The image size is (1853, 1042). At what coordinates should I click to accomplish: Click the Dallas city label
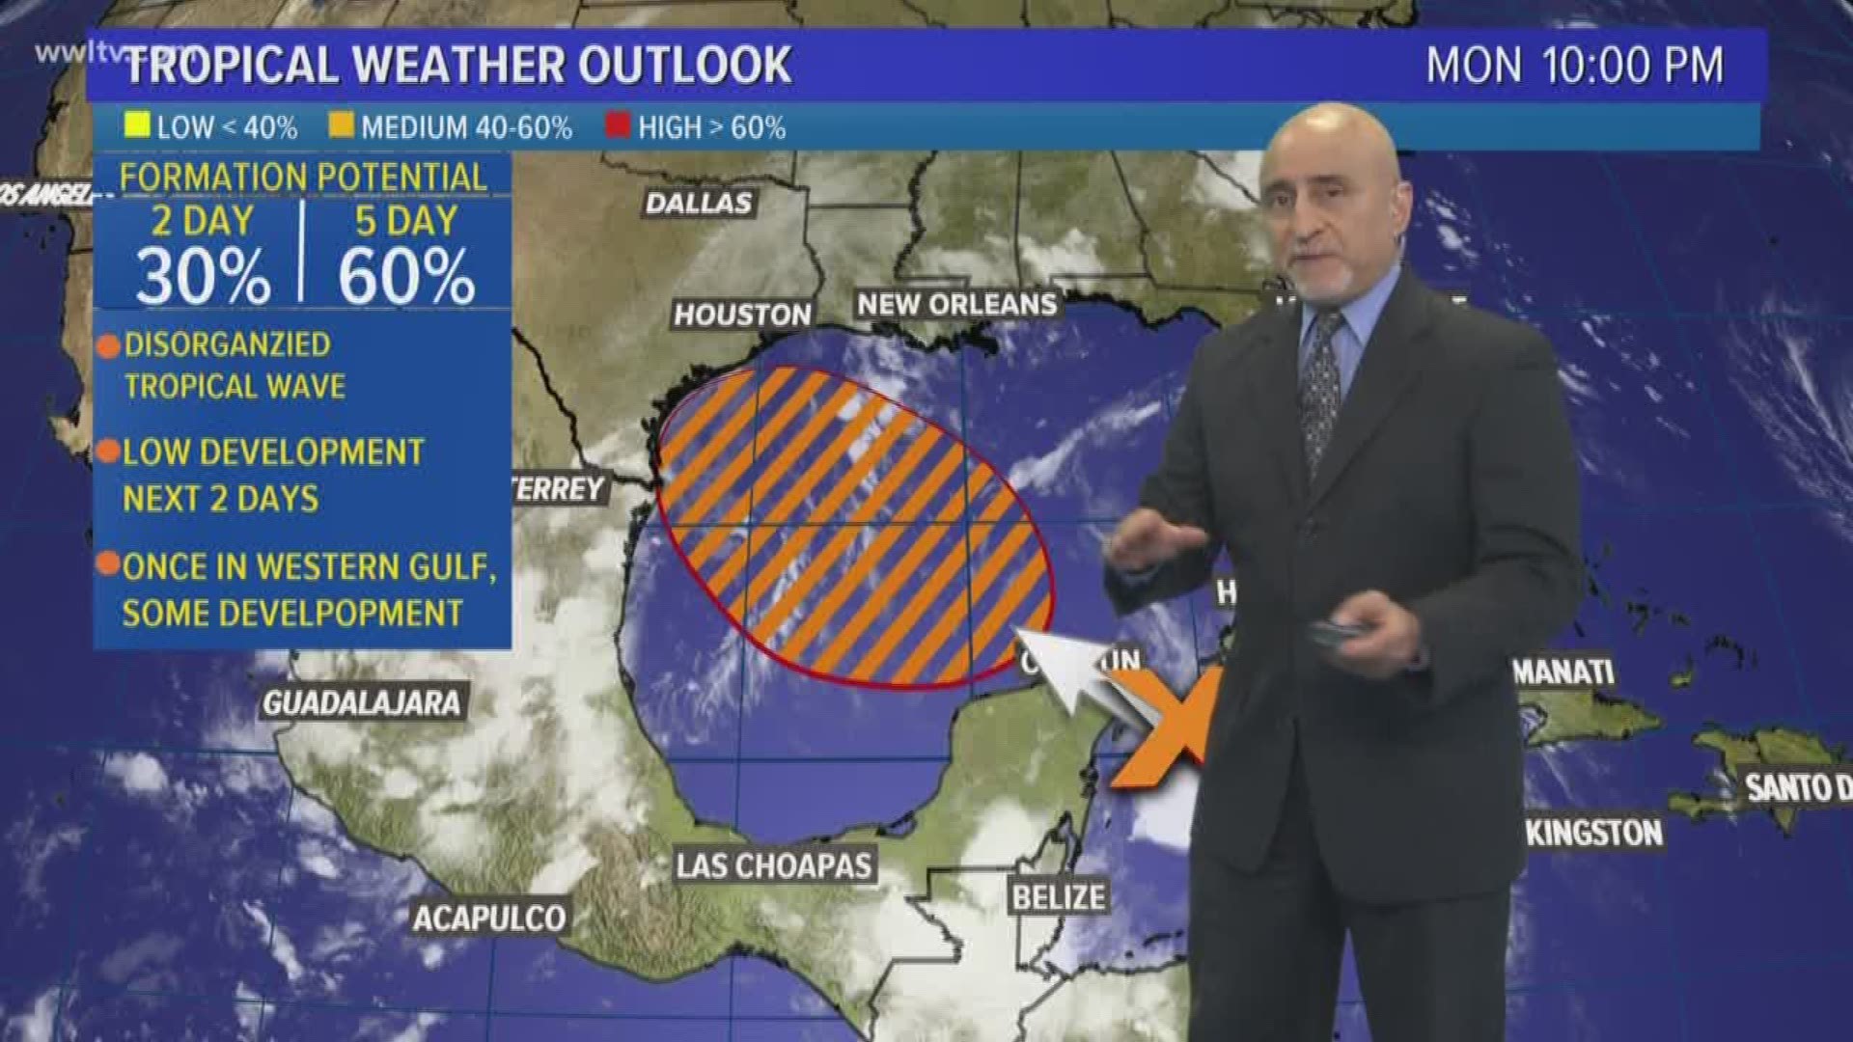coord(698,203)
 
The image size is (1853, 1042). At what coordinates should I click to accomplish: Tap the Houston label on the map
coord(742,315)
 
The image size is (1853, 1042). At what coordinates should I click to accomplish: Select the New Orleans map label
coord(956,305)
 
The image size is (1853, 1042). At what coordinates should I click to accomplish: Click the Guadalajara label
coord(362,702)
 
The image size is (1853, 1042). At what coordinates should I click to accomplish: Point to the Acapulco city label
coord(489,918)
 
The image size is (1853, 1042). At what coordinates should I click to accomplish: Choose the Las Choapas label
coord(773,865)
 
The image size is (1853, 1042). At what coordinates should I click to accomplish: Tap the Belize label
coord(1058,897)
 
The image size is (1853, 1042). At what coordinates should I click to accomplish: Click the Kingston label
coord(1594,833)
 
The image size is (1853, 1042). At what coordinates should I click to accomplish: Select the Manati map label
coord(1563,672)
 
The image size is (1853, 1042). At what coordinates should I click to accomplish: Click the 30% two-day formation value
coord(203,277)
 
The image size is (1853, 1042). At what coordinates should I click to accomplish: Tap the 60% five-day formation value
coord(406,277)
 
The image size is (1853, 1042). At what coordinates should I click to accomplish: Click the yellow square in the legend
coord(137,126)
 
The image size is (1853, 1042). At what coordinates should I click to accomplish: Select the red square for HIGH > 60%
coord(618,126)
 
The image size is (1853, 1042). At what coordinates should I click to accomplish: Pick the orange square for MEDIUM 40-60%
coord(341,126)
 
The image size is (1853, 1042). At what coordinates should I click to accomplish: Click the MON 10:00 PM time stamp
coord(1574,66)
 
